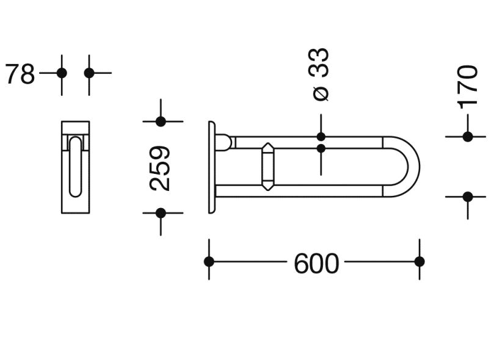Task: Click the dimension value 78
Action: (20, 74)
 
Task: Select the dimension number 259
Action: (160, 168)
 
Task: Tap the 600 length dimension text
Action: (316, 264)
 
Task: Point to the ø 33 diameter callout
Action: (319, 74)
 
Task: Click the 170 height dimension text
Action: (468, 87)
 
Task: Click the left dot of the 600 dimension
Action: (209, 262)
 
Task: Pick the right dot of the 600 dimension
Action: (420, 262)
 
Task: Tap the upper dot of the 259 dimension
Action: (161, 121)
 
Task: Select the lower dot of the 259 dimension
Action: (161, 213)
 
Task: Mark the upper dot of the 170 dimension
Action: (468, 137)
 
